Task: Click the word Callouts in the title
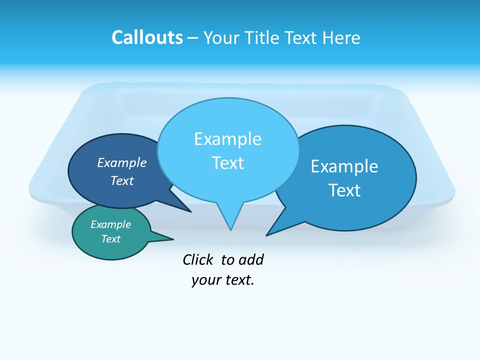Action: point(147,37)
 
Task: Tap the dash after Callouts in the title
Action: point(192,38)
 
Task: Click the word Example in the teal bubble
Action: point(110,224)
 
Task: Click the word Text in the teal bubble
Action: point(110,239)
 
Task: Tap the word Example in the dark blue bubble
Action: point(121,162)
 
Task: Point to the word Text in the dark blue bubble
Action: point(121,180)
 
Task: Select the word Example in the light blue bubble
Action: point(227,138)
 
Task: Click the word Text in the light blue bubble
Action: point(227,163)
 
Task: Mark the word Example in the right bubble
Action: point(344,166)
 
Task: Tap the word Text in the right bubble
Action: point(344,190)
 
